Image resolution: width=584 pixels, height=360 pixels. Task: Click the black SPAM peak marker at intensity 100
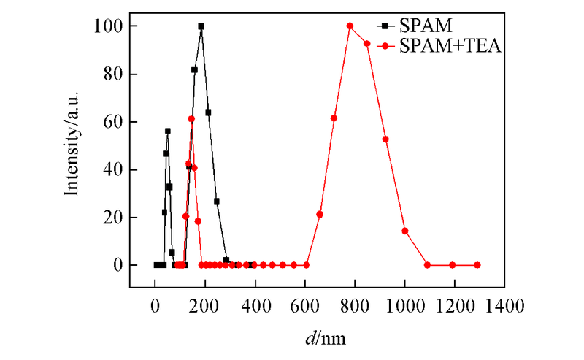[201, 26]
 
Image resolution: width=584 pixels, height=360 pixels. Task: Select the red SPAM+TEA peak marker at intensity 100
[350, 26]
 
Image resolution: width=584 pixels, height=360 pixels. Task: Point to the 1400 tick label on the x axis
[504, 305]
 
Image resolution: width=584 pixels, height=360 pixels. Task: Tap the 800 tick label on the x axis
[354, 305]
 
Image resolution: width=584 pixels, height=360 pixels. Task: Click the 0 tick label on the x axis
[155, 305]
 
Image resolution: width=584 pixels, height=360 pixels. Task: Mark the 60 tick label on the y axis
[112, 122]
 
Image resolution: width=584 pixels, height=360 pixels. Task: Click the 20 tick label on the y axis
[112, 218]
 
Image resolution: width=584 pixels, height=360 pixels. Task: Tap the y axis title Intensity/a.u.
[72, 145]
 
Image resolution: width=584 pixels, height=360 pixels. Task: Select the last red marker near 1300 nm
[477, 265]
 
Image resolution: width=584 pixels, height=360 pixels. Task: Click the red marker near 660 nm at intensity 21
[320, 214]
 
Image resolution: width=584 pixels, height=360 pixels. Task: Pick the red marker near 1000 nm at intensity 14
[404, 231]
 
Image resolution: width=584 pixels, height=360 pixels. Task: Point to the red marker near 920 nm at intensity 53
[385, 139]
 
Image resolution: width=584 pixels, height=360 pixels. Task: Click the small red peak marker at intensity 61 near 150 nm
[191, 119]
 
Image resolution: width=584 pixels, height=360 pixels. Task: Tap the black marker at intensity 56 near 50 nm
[167, 131]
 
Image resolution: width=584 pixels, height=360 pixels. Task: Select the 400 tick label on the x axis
[255, 305]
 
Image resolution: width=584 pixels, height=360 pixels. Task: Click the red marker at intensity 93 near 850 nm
[366, 44]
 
